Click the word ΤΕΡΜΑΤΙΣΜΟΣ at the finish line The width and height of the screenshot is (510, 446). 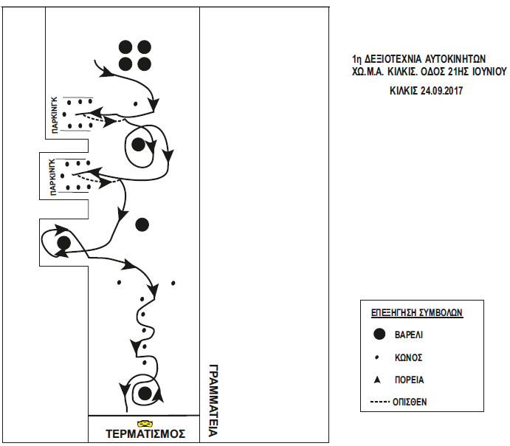pos(145,434)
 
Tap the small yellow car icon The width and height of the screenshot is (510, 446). pos(145,423)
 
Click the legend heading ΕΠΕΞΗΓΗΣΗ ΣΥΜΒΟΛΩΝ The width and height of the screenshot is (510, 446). pos(416,312)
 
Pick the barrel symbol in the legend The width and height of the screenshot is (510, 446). pos(379,334)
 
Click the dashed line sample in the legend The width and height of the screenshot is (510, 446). pos(379,402)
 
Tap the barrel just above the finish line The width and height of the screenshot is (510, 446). pos(145,392)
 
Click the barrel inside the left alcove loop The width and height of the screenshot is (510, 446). pos(63,241)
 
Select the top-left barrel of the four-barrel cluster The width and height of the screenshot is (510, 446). pos(125,47)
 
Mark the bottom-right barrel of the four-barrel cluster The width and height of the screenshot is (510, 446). pos(144,64)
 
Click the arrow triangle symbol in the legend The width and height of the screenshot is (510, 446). pos(379,380)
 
